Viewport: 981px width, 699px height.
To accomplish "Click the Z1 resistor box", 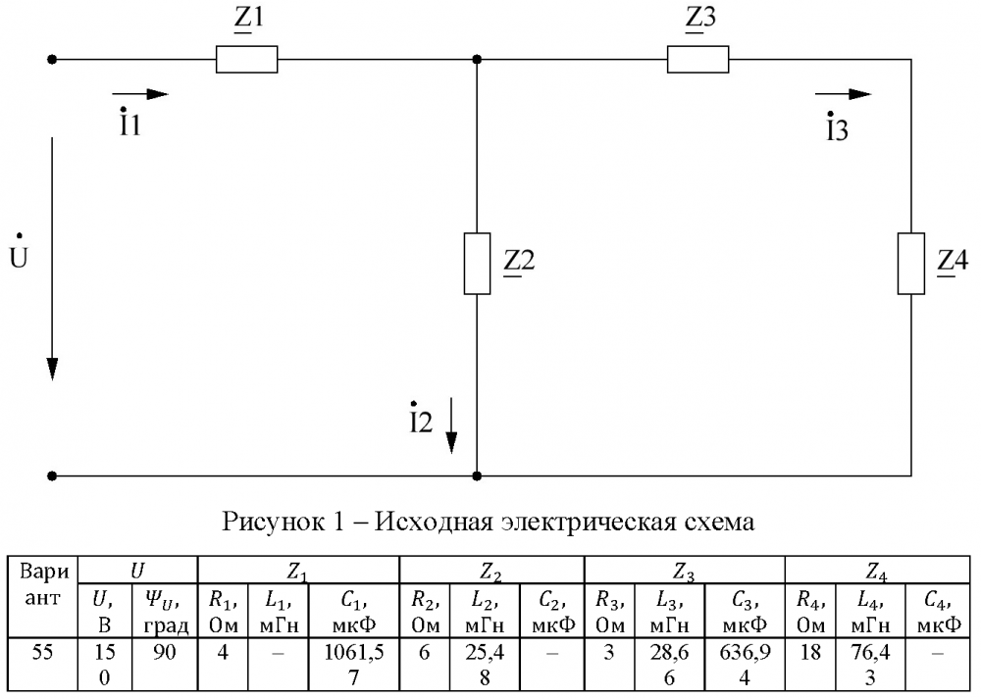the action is point(246,60).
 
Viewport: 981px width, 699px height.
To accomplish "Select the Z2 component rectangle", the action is point(477,264).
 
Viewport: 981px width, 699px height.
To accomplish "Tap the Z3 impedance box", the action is point(698,60).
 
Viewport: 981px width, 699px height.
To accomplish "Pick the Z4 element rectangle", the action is point(912,263).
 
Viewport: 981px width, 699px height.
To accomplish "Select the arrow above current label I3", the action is point(844,94).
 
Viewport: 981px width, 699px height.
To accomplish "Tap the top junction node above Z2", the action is point(477,60).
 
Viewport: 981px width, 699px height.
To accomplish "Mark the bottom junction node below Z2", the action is point(477,476).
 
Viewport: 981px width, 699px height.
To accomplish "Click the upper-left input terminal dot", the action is point(53,60).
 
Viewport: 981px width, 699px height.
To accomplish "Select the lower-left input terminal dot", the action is point(53,476).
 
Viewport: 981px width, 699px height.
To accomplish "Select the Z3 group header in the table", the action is point(685,570).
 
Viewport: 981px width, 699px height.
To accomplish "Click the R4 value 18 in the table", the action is point(808,652).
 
